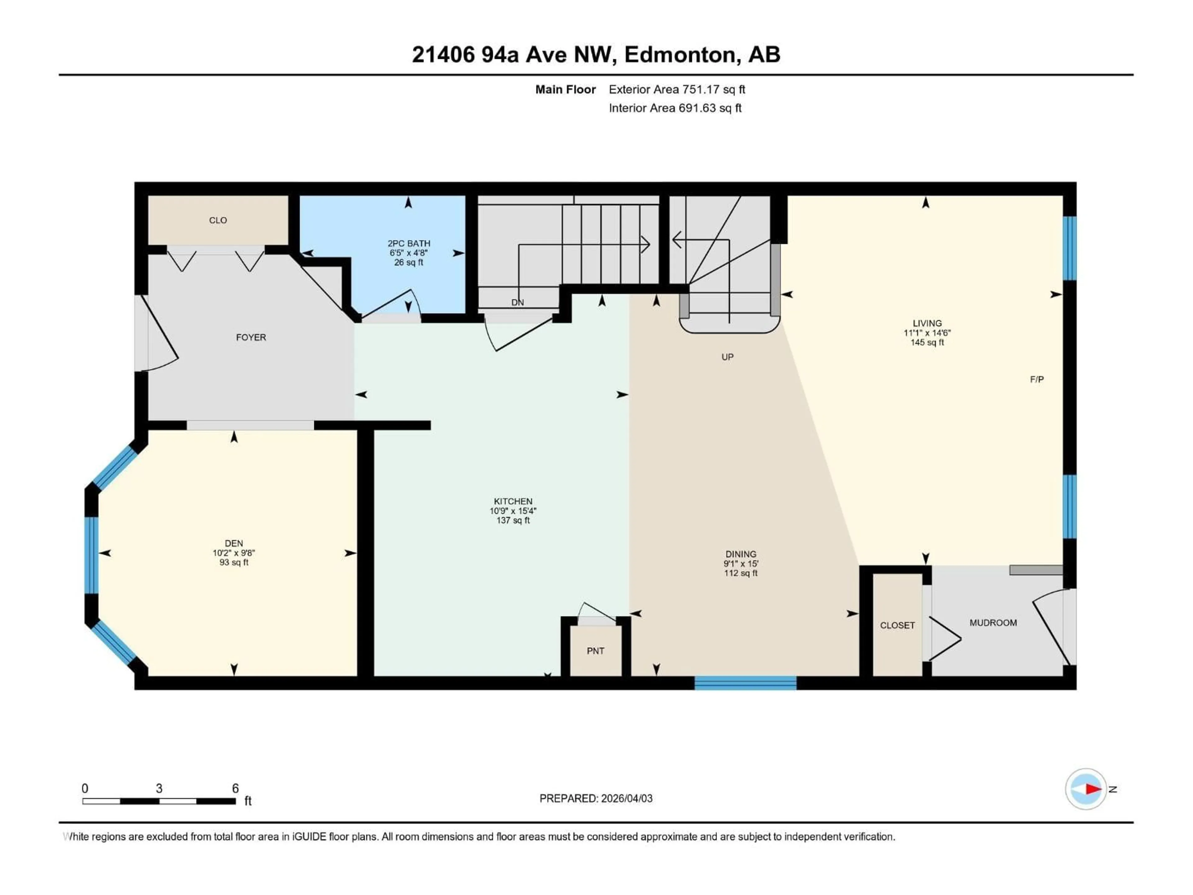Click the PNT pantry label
[x=596, y=651]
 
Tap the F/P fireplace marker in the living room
[x=1037, y=379]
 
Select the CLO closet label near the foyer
[x=218, y=220]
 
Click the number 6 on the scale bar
[x=235, y=788]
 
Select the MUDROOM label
[x=993, y=622]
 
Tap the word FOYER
[x=251, y=337]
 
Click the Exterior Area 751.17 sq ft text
[x=677, y=89]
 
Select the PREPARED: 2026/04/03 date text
[x=596, y=798]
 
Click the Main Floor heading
[x=565, y=89]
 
